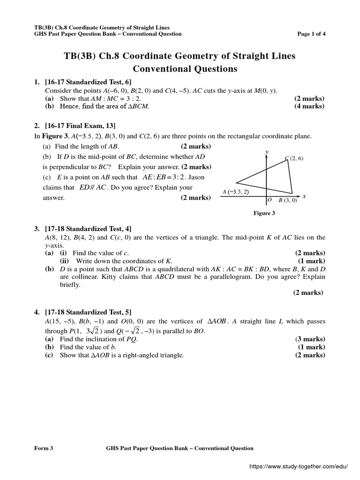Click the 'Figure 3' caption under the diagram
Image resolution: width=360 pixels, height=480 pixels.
(x=264, y=213)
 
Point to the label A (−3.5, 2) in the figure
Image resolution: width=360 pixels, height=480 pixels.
(x=235, y=192)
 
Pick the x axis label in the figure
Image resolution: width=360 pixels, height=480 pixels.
(x=304, y=196)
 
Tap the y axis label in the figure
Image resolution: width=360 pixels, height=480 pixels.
(x=266, y=152)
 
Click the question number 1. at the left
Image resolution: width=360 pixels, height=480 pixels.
(x=37, y=82)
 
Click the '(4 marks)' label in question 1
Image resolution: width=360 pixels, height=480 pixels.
(x=309, y=106)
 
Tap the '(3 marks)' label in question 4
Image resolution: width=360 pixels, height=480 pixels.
(x=309, y=339)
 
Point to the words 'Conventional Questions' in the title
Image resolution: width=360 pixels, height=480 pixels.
(x=185, y=69)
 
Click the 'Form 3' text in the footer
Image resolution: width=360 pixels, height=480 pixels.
(x=44, y=448)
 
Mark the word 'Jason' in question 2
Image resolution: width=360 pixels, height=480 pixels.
(x=195, y=178)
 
